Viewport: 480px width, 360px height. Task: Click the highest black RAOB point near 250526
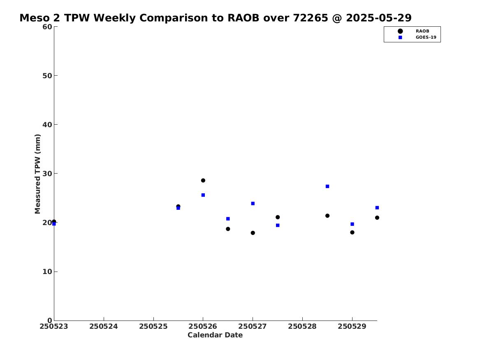click(x=203, y=180)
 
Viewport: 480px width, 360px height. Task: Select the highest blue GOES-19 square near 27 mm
click(x=327, y=186)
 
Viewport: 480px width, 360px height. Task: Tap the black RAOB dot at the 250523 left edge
click(x=54, y=221)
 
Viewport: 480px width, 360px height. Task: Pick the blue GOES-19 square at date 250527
click(x=253, y=204)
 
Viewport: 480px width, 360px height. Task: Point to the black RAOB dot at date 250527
click(x=253, y=233)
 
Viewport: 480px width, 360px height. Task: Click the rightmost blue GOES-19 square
click(x=377, y=208)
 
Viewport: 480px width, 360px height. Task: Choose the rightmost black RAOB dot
click(x=377, y=218)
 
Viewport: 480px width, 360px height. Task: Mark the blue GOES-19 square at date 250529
click(x=352, y=224)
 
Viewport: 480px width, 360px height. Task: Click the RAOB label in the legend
click(x=422, y=31)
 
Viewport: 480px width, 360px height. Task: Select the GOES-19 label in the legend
click(x=426, y=37)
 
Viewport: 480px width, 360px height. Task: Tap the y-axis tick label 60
click(x=47, y=27)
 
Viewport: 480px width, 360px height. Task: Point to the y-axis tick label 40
click(x=47, y=125)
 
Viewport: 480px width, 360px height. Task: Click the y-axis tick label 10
click(x=47, y=272)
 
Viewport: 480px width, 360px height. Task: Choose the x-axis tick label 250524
click(x=104, y=326)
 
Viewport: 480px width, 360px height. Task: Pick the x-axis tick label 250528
click(x=302, y=326)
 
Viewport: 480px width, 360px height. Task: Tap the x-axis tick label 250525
click(x=153, y=326)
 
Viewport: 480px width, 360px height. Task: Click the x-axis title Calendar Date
click(x=215, y=335)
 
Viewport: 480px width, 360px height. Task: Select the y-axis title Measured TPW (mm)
click(x=37, y=174)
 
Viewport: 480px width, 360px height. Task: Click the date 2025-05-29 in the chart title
click(x=379, y=18)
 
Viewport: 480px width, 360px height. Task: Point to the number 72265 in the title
click(x=311, y=18)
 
